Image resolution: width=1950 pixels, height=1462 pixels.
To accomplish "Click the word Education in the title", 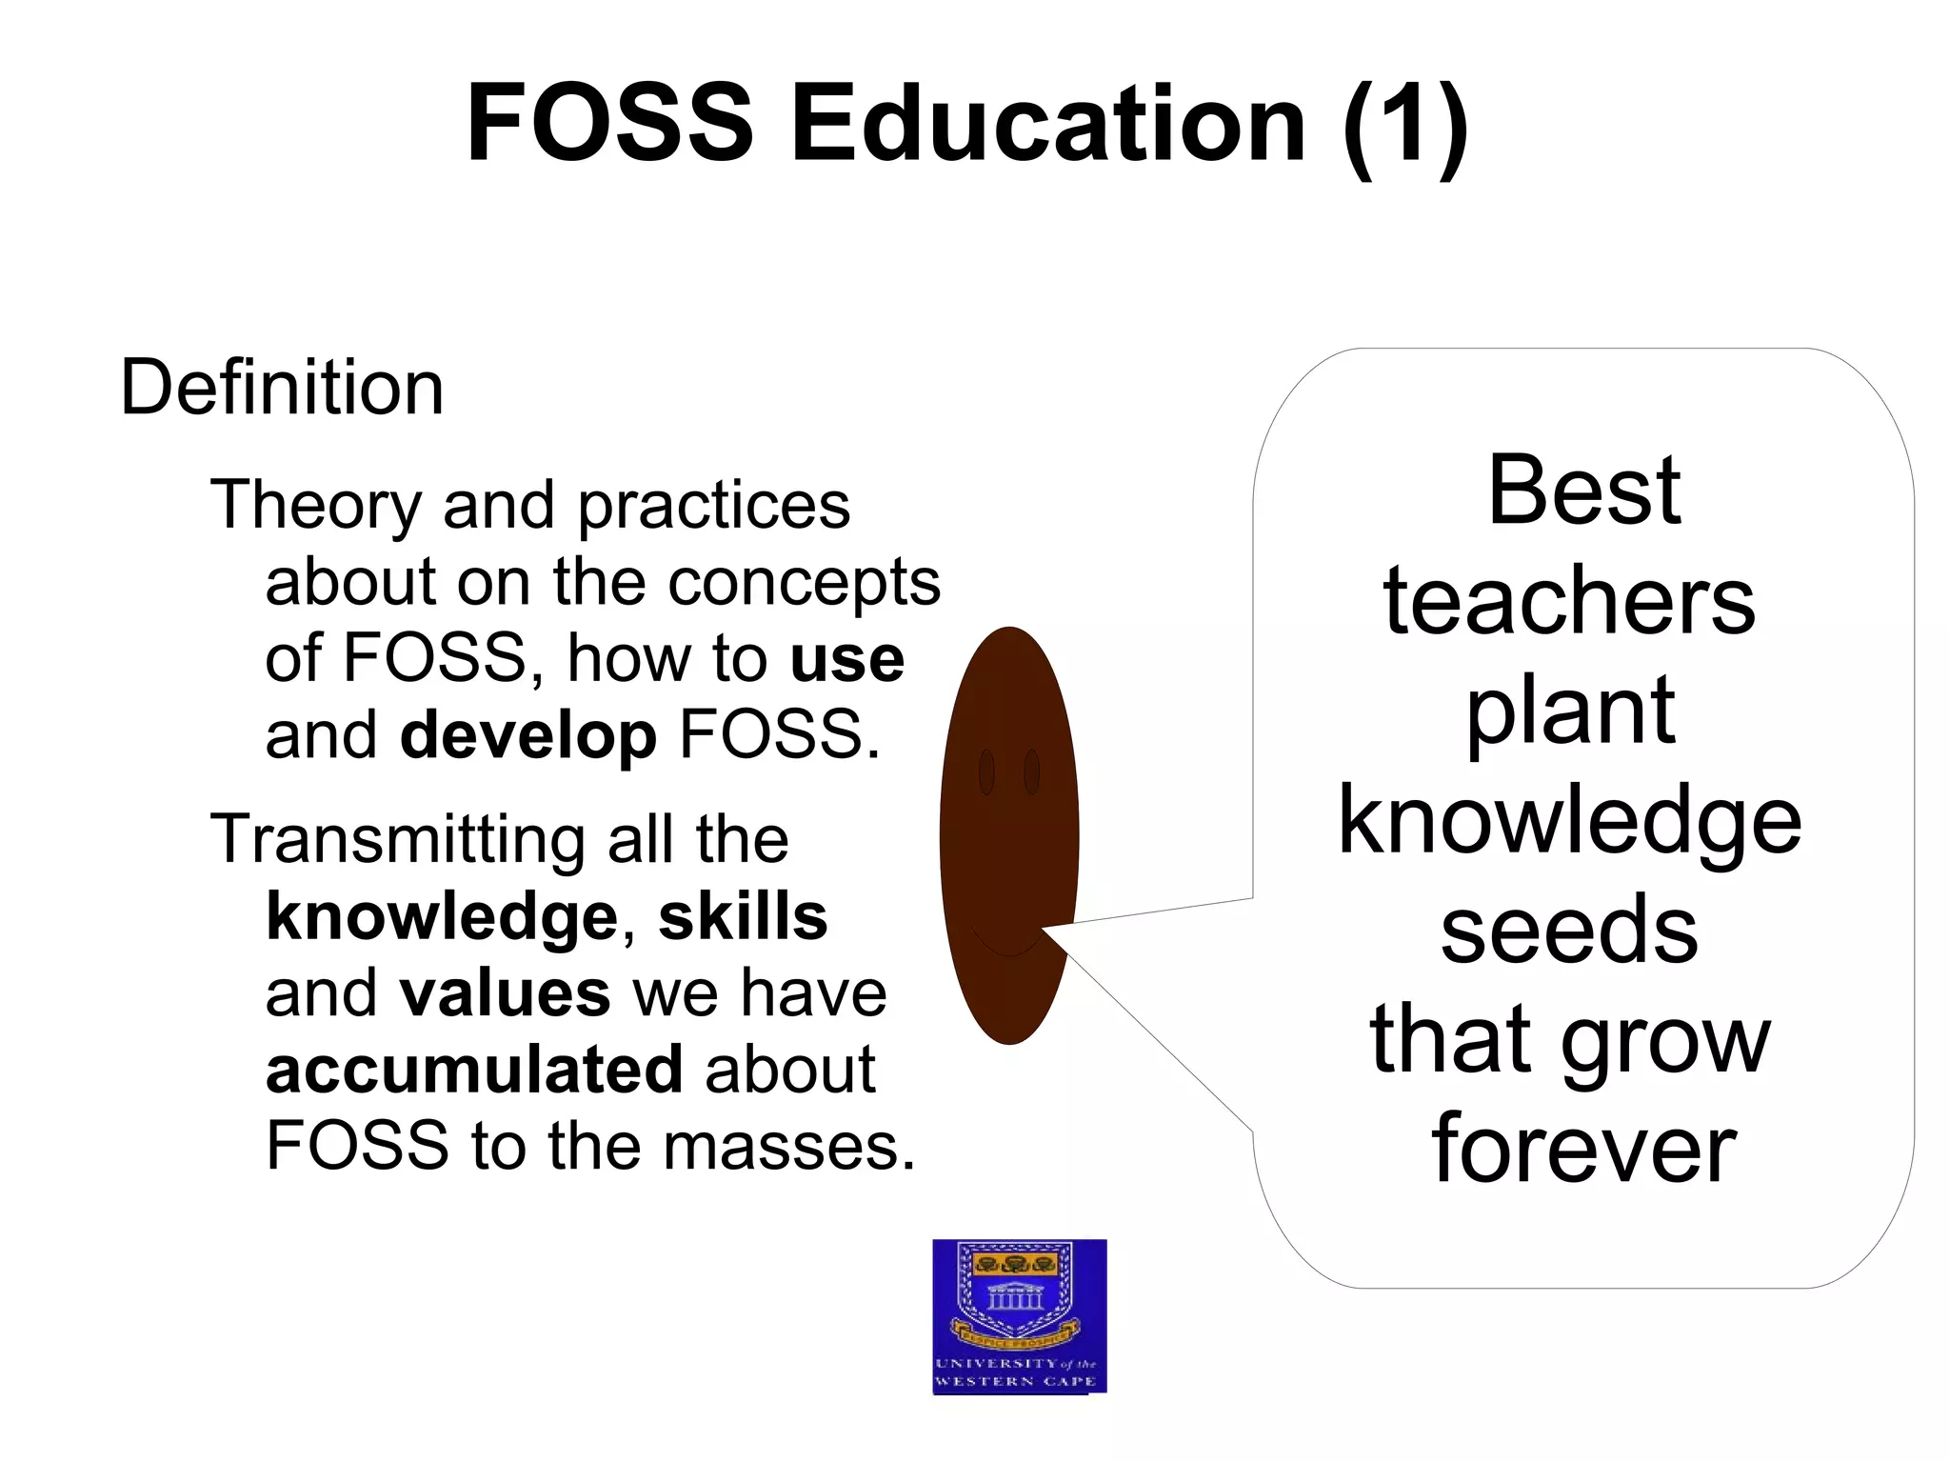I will coord(1047,124).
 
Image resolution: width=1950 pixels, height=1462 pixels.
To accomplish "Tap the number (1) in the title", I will coord(1405,124).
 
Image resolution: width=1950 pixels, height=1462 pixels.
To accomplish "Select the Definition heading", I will coord(282,388).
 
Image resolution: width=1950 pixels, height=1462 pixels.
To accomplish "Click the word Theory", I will coord(315,505).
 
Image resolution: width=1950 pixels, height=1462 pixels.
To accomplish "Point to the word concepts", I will coord(804,583).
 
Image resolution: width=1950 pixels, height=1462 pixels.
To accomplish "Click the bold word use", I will coord(846,659).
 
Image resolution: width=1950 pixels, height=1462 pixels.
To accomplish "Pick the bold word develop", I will coord(528,736).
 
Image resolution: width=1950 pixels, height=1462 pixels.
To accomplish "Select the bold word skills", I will coord(743,917).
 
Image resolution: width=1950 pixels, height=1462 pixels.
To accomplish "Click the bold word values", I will coord(505,993).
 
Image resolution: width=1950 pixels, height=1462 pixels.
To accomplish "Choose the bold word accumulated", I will coord(474,1070).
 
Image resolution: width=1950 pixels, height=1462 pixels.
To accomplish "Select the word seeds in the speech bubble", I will coord(1569,931).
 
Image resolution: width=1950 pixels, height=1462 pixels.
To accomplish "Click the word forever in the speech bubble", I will coord(1584,1150).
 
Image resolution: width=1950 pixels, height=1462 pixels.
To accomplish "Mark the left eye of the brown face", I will coord(986,771).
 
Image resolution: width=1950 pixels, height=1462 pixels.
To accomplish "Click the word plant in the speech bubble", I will coord(1571,711).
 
